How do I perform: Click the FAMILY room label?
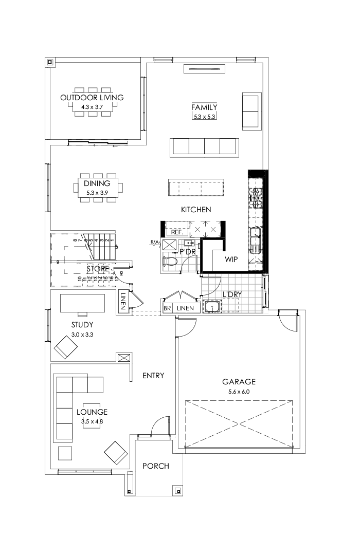[x=204, y=107]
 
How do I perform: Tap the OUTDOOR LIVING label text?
[x=92, y=97]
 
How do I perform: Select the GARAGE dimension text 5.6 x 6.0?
[x=239, y=392]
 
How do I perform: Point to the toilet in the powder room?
[x=170, y=262]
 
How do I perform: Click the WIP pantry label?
[x=231, y=260]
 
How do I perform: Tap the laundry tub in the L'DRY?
[x=212, y=307]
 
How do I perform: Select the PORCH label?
[x=156, y=466]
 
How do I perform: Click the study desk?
[x=82, y=303]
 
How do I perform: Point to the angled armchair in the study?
[x=66, y=347]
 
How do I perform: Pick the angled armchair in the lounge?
[x=116, y=452]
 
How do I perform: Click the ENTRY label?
[x=153, y=376]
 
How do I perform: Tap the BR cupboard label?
[x=167, y=308]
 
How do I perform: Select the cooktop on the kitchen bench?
[x=256, y=197]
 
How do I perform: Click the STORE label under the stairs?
[x=97, y=269]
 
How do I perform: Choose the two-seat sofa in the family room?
[x=251, y=110]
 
